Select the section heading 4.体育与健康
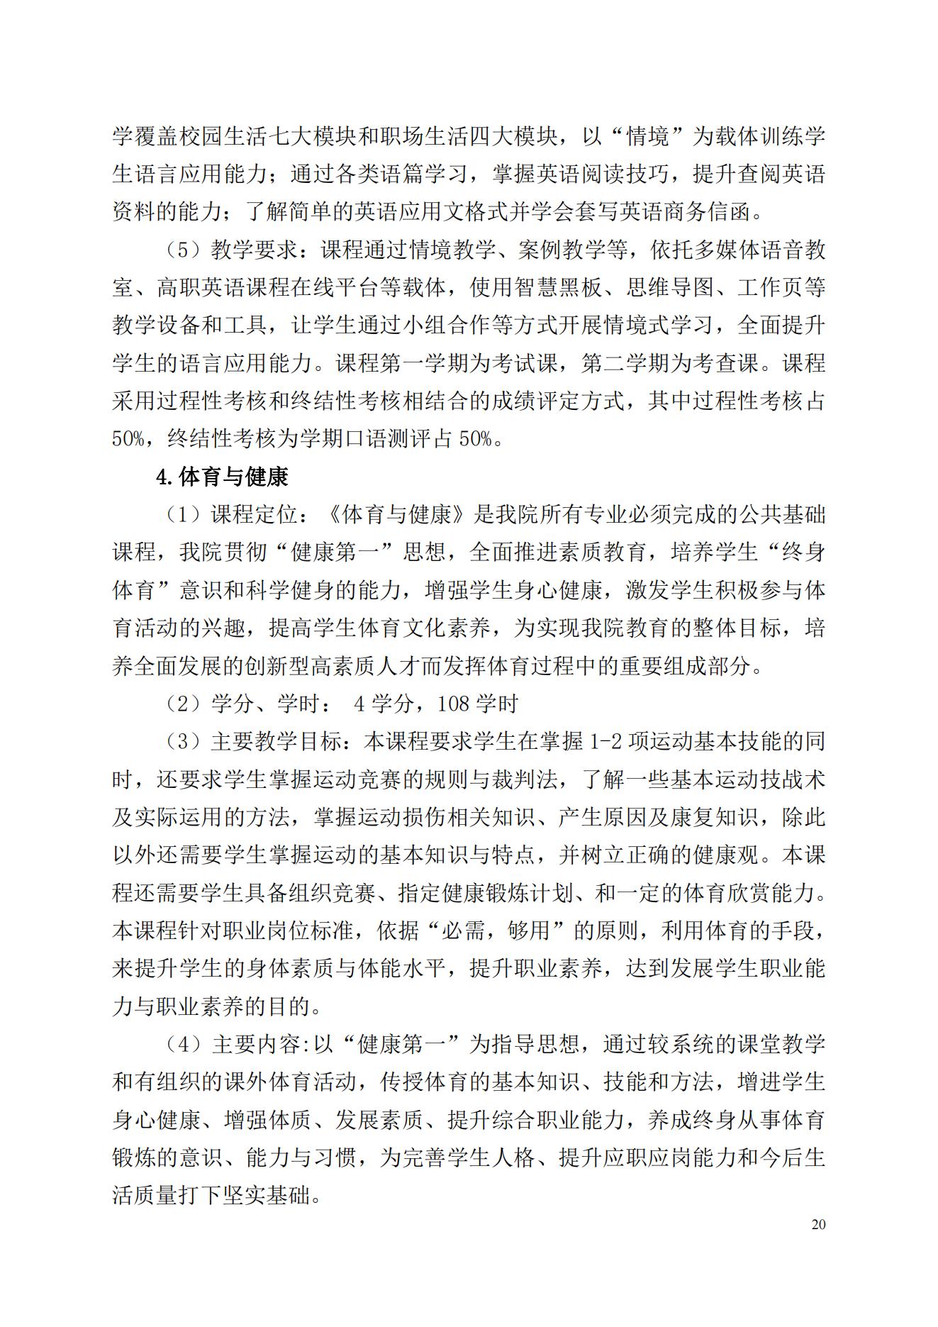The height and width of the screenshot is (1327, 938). [222, 477]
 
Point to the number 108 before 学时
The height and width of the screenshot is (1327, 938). [454, 704]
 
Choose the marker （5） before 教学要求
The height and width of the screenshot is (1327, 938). [182, 251]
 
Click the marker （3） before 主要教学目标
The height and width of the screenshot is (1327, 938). [182, 743]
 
